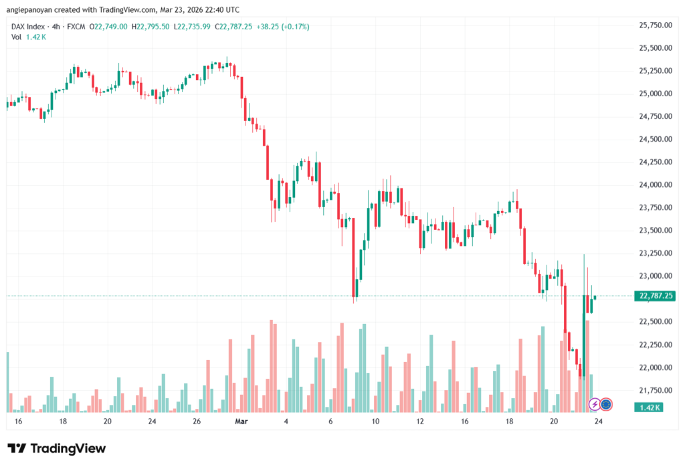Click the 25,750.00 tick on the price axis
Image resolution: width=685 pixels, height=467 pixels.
coord(656,25)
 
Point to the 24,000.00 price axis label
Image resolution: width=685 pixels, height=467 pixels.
coord(656,185)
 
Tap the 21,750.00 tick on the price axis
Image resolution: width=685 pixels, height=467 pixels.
coord(656,390)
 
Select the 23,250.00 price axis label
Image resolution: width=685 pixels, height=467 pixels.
coord(656,253)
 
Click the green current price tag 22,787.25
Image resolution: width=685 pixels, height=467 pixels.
coord(656,295)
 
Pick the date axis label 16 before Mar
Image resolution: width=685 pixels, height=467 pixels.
coord(18,422)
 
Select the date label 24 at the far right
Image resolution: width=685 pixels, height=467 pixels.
coord(599,422)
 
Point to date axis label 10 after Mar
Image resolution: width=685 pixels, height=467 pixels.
coord(375,422)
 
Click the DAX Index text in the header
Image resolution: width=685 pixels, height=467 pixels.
coord(29,27)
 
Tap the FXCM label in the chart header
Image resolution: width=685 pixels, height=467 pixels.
coord(78,27)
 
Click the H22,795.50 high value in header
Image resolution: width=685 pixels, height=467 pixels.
coord(151,27)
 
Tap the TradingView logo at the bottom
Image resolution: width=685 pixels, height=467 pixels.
coord(56,448)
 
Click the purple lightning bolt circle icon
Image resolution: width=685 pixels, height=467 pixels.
coord(594,404)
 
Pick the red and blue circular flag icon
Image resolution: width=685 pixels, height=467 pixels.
coord(606,404)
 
